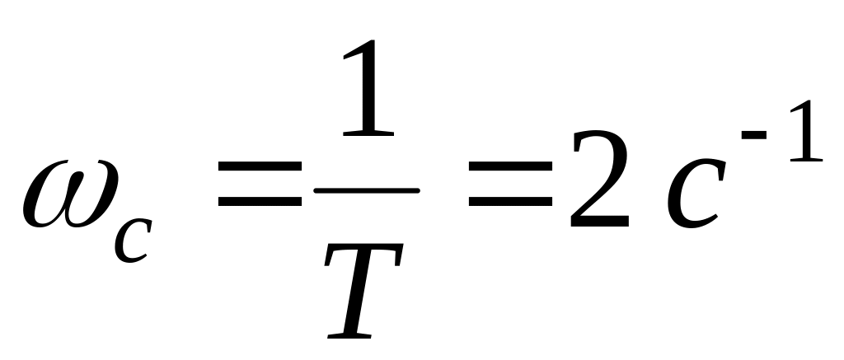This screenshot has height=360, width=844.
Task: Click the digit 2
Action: click(x=599, y=183)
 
